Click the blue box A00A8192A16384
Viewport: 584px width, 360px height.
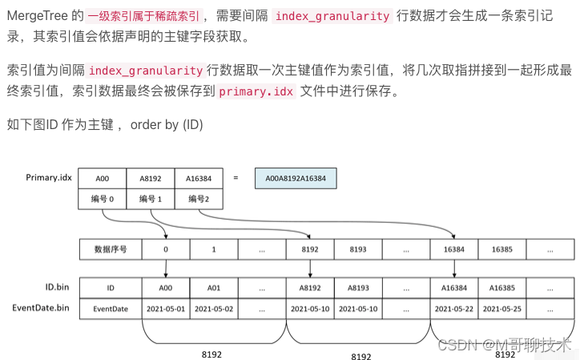pos(296,178)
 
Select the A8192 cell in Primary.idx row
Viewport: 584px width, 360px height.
pos(150,178)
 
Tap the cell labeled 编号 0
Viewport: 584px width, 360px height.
pos(102,199)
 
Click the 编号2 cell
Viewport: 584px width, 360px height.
pos(198,199)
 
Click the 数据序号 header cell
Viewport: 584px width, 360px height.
pos(111,249)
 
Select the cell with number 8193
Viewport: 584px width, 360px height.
pos(358,249)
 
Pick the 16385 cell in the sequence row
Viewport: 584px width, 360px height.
pos(502,249)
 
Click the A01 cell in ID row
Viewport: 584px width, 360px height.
pos(214,287)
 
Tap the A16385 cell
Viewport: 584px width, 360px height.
pos(502,287)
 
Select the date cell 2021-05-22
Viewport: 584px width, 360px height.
pos(454,308)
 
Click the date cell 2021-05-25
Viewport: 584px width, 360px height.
pos(502,308)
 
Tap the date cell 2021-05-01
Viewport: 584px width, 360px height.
pos(165,308)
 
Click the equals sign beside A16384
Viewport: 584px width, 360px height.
pos(236,178)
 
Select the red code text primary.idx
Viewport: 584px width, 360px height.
pos(256,92)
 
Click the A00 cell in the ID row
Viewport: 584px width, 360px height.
pos(165,287)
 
